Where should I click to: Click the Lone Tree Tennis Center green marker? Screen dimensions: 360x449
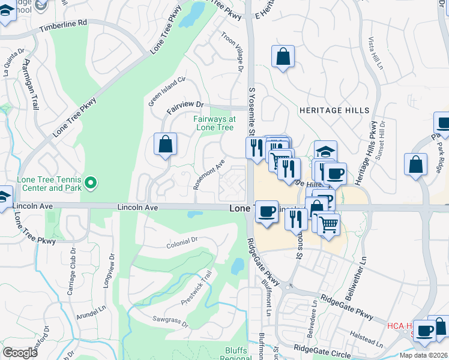click(91, 181)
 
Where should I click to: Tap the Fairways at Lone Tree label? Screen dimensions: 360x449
click(214, 123)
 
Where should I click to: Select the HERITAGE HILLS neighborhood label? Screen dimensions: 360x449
click(328, 110)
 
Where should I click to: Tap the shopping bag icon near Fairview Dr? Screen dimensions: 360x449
click(165, 144)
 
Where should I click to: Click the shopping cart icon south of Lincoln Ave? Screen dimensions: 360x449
click(328, 224)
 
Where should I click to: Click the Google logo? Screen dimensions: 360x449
click(20, 353)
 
